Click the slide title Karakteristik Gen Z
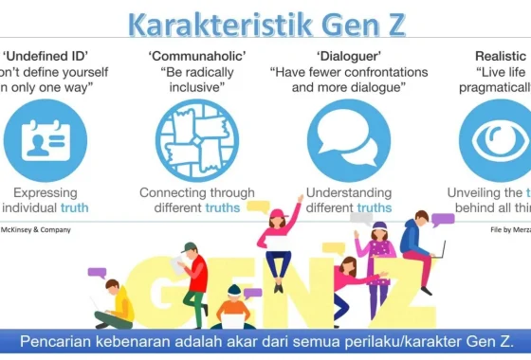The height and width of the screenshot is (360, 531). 266,22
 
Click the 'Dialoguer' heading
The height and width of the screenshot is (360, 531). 355,55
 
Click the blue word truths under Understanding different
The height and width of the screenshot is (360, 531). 374,208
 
